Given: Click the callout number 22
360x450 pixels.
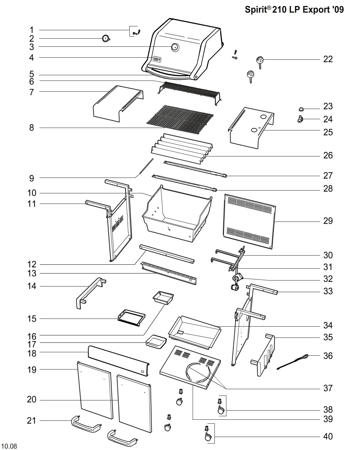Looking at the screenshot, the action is tap(328, 59).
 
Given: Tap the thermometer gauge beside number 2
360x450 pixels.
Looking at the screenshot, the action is tap(106, 39).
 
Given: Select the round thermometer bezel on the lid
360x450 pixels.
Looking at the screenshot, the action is tap(175, 47).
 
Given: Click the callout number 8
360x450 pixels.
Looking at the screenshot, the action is tap(31, 127).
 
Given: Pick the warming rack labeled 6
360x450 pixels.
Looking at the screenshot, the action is tap(189, 93).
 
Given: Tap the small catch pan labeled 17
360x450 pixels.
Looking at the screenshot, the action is tap(156, 342).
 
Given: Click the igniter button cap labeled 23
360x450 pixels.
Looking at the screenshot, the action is tap(301, 109).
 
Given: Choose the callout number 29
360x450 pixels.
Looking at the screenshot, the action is tap(328, 221).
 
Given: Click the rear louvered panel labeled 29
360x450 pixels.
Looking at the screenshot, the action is tap(249, 221).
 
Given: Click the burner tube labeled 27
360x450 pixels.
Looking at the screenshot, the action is tap(195, 169).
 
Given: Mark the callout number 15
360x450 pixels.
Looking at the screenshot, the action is tap(32, 319).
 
